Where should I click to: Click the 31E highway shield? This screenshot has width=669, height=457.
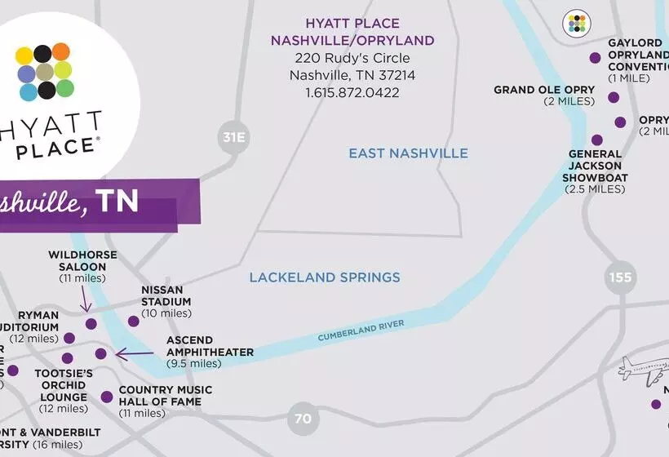(233, 137)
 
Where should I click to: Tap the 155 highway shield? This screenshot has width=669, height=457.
(620, 277)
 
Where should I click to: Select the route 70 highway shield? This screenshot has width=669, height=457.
(303, 419)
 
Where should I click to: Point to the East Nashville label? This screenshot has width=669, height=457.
(408, 153)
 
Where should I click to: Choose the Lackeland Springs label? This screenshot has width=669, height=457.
(325, 277)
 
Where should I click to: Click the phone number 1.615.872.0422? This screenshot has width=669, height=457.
(352, 93)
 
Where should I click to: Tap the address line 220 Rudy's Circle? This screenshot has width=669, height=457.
(352, 58)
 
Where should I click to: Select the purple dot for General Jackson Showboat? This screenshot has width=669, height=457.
(597, 140)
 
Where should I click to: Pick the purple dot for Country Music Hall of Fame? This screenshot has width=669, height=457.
(107, 397)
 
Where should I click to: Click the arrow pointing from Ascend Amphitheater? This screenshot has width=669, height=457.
(135, 354)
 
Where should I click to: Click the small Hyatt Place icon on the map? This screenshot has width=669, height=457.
(577, 24)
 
